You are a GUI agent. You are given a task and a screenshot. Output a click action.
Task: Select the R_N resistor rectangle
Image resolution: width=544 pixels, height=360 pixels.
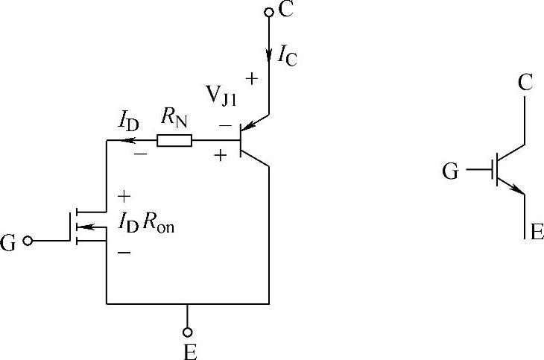pyautogui.click(x=174, y=139)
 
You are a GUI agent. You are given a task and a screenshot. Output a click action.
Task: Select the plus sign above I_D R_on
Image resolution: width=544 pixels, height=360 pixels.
pyautogui.click(x=124, y=197)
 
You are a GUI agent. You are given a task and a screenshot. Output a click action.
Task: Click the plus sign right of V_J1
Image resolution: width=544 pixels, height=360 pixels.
pyautogui.click(x=250, y=78)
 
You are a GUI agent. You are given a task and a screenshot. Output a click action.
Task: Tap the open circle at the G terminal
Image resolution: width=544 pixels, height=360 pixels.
pyautogui.click(x=28, y=241)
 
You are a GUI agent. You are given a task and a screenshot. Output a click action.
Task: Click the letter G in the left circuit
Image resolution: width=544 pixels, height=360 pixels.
pyautogui.click(x=9, y=243)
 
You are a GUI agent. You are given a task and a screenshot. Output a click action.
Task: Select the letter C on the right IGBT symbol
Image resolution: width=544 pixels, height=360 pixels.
pyautogui.click(x=525, y=82)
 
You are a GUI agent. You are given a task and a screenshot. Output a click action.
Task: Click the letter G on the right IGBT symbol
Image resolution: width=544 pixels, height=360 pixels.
pyautogui.click(x=450, y=172)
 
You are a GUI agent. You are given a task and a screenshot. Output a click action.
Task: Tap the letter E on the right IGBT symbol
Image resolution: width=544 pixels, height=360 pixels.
pyautogui.click(x=536, y=231)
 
